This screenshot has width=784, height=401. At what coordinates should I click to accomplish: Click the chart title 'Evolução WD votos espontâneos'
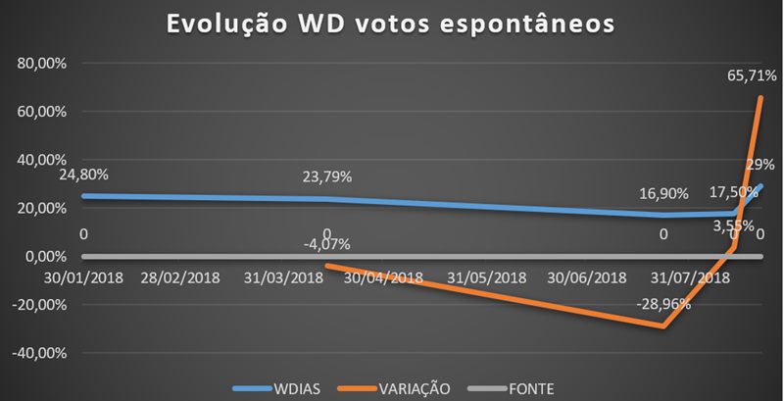point(391,25)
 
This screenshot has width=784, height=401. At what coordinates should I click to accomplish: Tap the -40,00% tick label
point(35,353)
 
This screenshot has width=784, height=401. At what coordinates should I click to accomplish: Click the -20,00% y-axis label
point(35,305)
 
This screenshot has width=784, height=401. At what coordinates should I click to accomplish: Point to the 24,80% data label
point(82,175)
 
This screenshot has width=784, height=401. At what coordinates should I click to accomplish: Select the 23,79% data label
point(326,177)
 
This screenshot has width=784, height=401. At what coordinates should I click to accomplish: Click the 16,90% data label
point(661,193)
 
